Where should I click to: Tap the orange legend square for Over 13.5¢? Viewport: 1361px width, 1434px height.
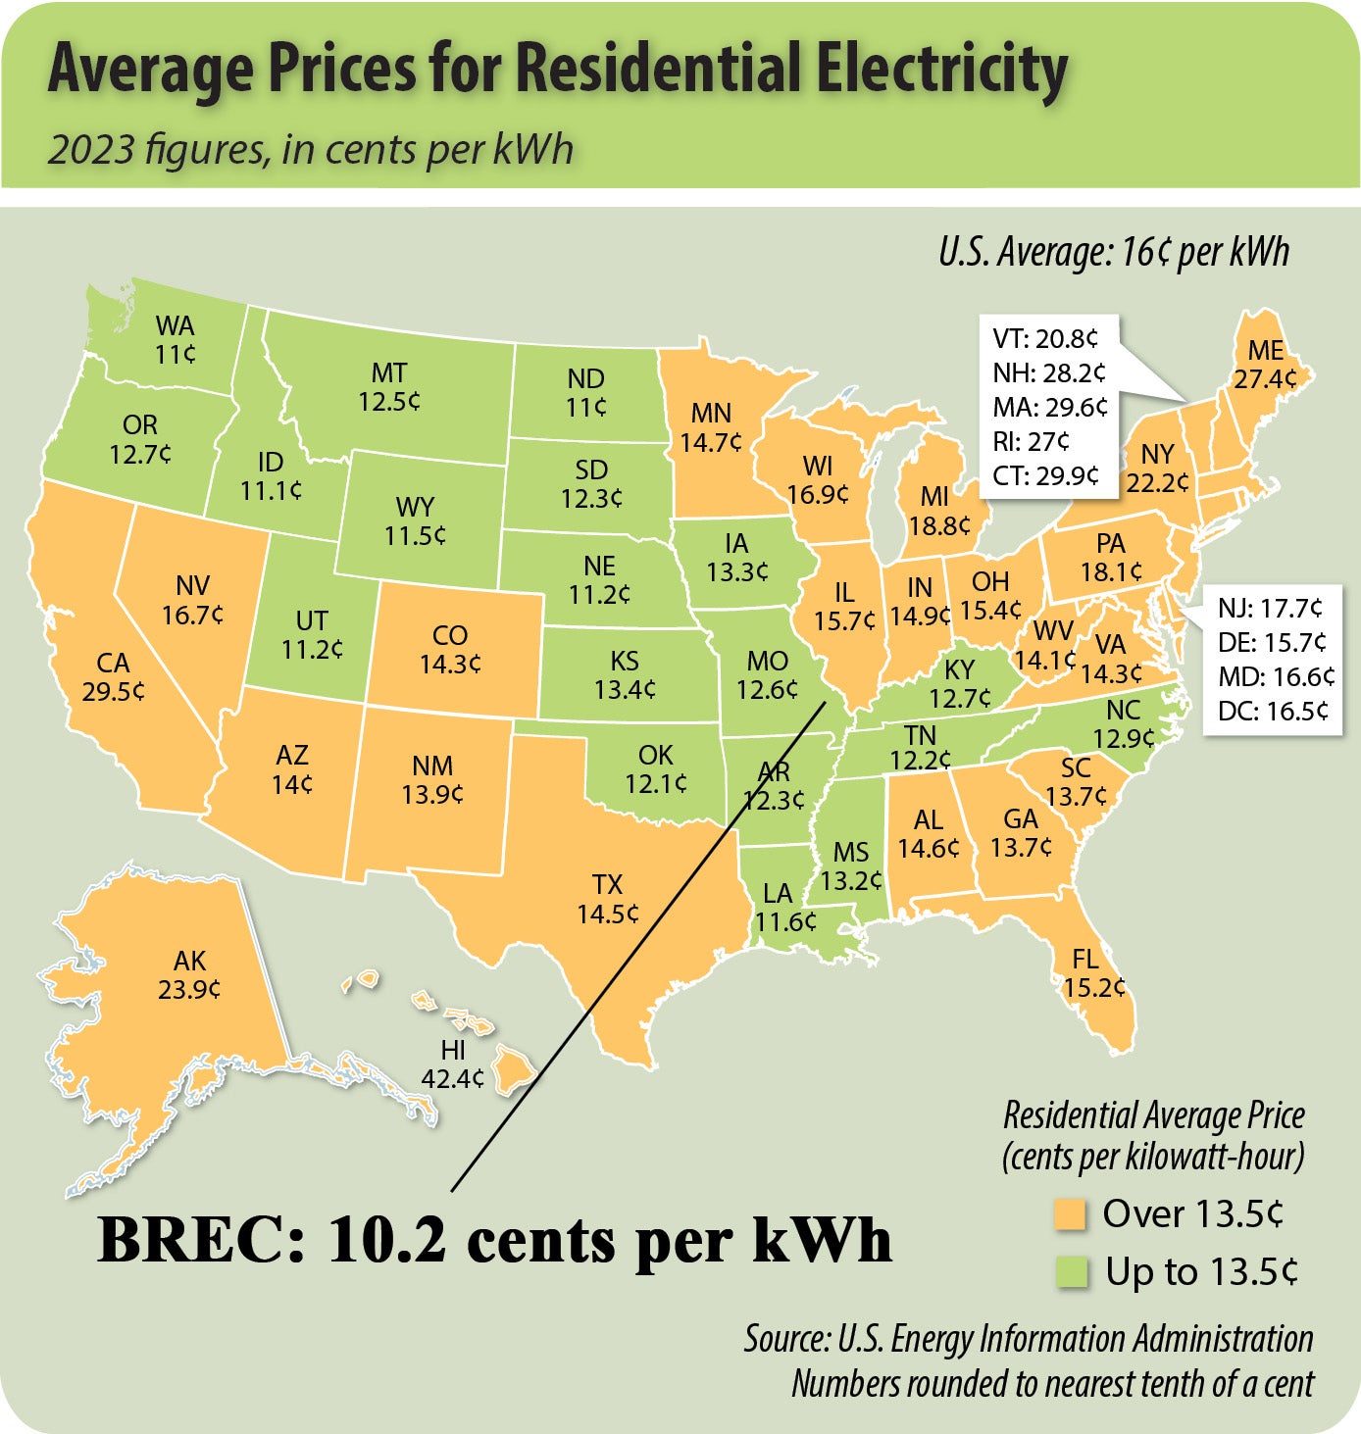coord(1070,1215)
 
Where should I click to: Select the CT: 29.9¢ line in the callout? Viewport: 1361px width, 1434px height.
coord(1045,475)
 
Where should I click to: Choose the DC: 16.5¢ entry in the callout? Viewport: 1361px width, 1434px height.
coord(1273,711)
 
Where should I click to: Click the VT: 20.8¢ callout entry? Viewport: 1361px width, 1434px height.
coord(1045,339)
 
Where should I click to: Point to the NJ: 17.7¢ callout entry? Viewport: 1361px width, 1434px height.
coord(1270,609)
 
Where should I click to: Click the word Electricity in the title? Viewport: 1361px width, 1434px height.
coord(940,71)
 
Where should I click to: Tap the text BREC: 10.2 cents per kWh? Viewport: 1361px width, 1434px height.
coord(495,1240)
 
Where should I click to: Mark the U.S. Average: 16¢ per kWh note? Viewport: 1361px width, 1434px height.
coord(1113,253)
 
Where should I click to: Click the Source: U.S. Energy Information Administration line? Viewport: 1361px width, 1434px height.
coord(1028,1339)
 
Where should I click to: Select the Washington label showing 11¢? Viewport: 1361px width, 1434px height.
coord(175,339)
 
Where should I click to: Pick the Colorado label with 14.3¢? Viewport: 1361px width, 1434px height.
coord(450,649)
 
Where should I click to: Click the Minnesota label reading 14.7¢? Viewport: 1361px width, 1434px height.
coord(711,427)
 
